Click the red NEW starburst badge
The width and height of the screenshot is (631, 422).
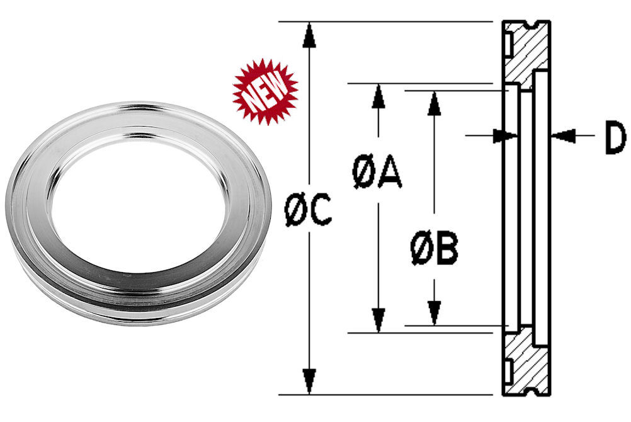tap(264, 91)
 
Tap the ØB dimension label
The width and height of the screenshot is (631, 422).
tap(434, 249)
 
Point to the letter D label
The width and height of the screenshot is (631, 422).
tap(614, 139)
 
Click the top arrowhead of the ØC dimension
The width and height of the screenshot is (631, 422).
tap(308, 34)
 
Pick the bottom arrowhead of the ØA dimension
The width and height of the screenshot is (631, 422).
tap(378, 320)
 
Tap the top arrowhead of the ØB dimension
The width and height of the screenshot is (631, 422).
tap(433, 103)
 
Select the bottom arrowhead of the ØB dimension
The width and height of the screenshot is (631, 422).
tap(433, 313)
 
